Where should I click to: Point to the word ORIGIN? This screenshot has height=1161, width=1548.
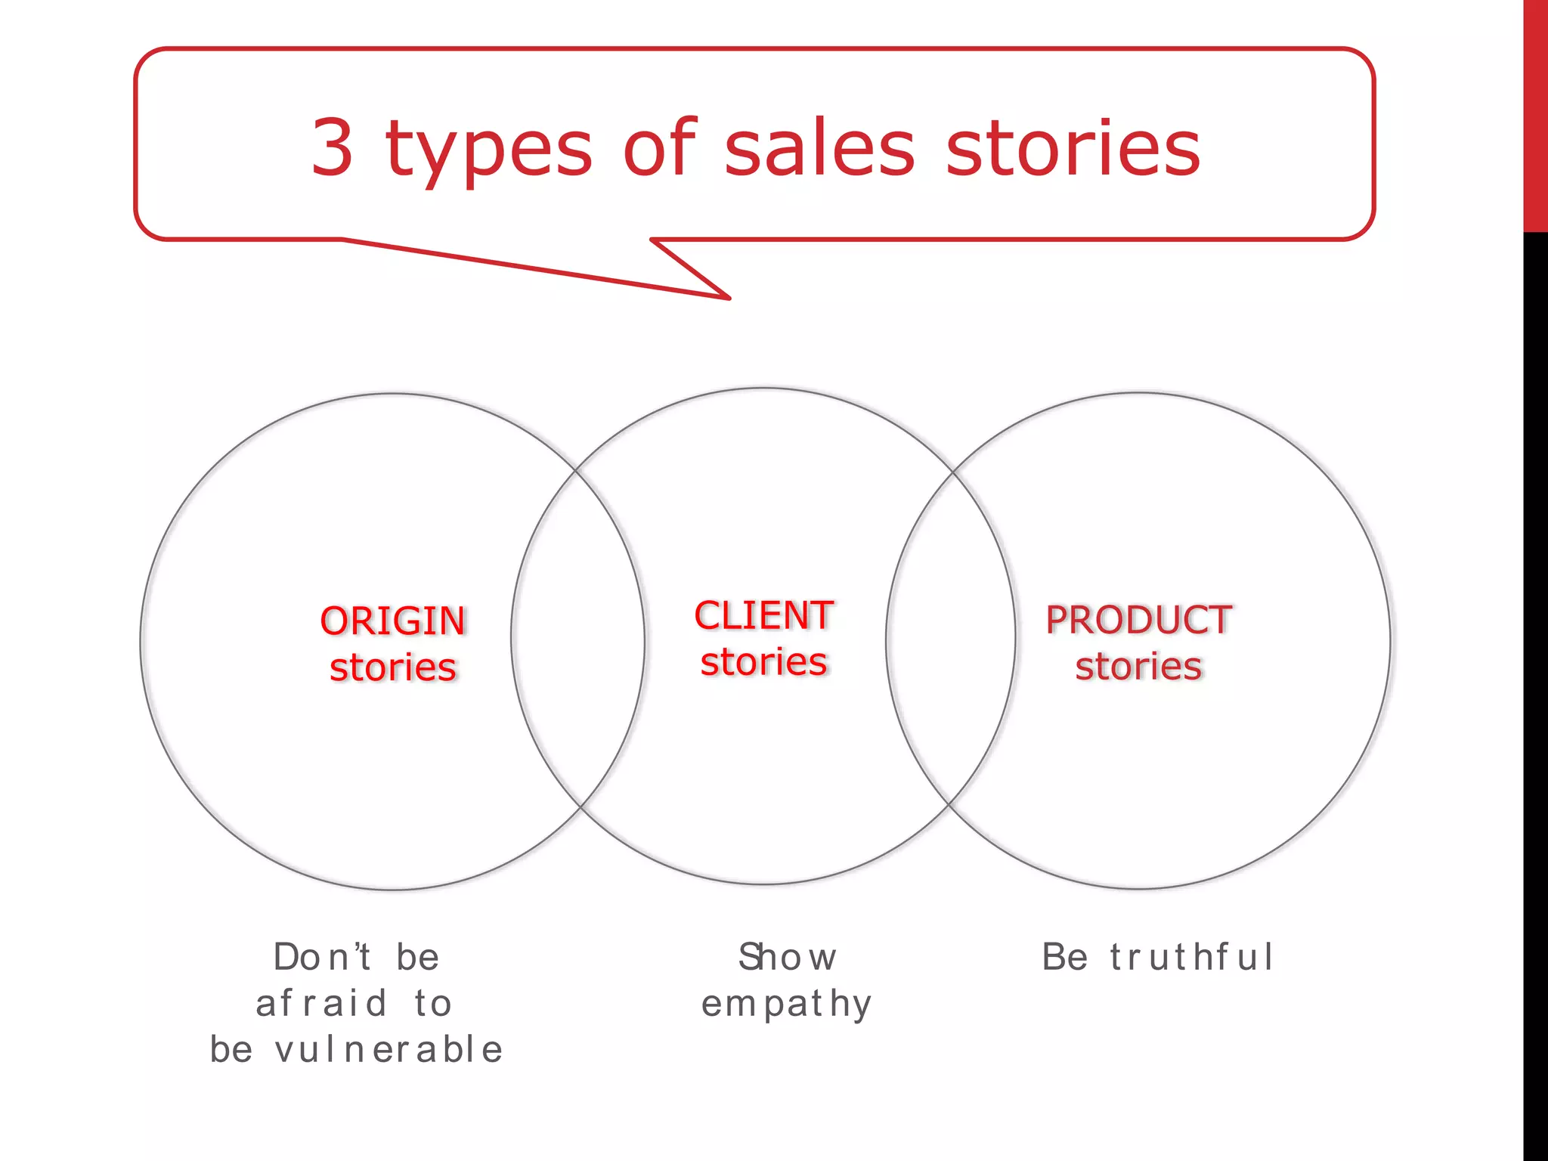click(393, 621)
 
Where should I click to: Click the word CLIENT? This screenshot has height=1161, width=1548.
click(764, 615)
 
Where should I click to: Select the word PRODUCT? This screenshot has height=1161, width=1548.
click(1139, 620)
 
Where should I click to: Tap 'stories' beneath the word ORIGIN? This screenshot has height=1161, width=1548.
click(393, 667)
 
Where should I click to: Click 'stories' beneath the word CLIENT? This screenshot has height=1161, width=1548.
click(764, 662)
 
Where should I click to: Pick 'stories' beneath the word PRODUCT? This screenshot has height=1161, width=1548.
click(1139, 667)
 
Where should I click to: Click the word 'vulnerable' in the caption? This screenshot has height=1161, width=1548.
click(389, 1050)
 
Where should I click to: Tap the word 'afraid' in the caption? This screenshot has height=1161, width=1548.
click(322, 1004)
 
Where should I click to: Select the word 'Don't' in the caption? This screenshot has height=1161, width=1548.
click(323, 957)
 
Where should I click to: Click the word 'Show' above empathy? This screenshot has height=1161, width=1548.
click(788, 957)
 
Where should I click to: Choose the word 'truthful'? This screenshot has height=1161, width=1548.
click(1192, 957)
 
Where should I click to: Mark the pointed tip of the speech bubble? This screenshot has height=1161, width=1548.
click(728, 298)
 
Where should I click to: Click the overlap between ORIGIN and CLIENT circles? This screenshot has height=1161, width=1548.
click(578, 639)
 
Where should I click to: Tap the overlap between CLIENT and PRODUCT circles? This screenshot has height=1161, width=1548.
click(951, 639)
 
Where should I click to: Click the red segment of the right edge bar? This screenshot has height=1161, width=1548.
click(1535, 113)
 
